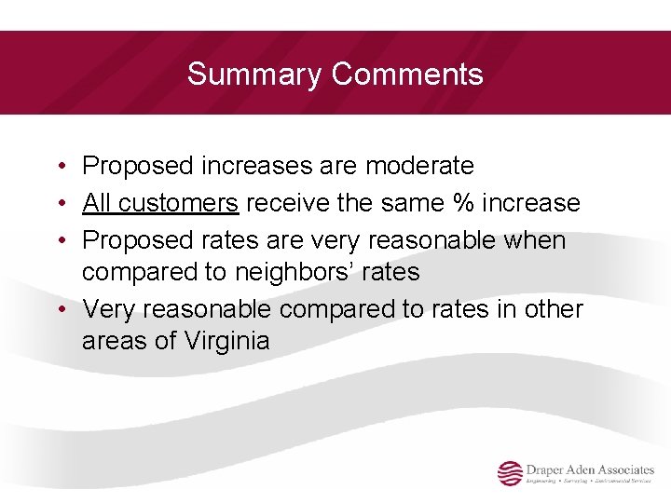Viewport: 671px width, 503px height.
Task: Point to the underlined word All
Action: [97, 203]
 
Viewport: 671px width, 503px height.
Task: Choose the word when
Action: [534, 240]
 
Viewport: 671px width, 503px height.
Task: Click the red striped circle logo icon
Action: [510, 473]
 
